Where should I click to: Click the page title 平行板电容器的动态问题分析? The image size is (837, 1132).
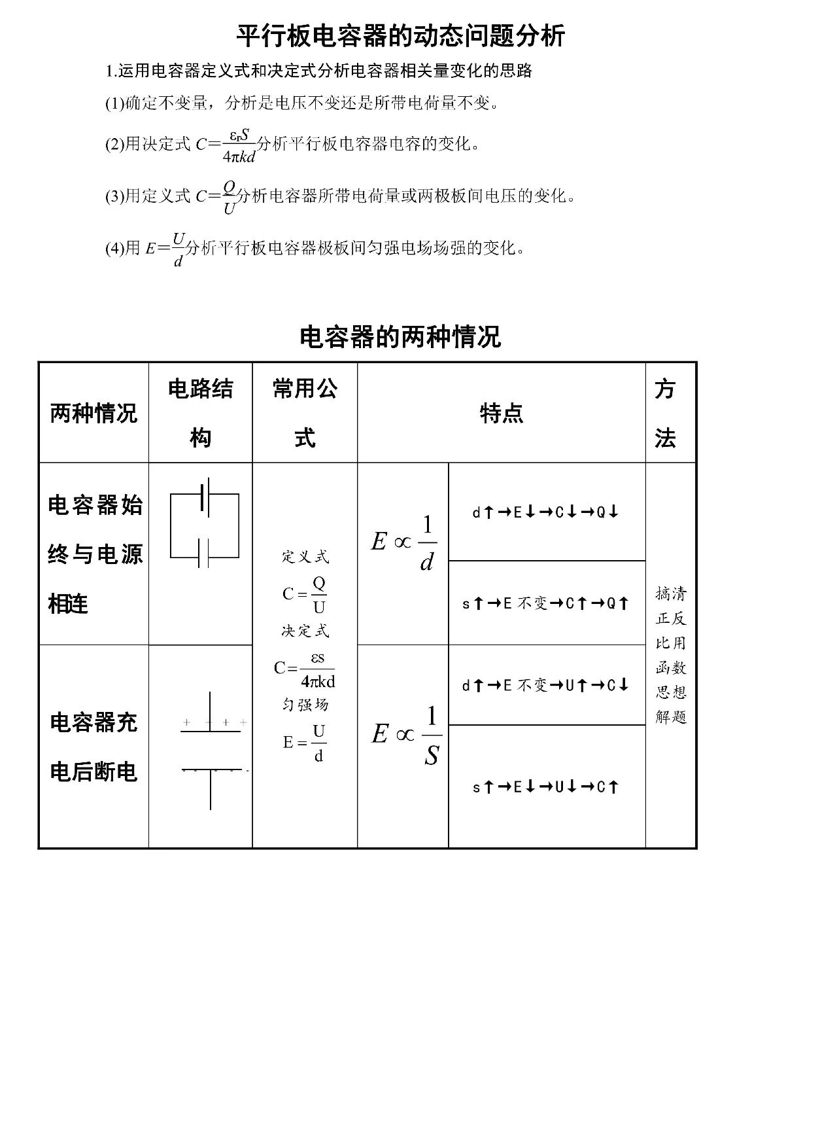click(400, 36)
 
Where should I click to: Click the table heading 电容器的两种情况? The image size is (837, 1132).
click(400, 337)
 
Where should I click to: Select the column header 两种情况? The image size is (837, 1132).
click(94, 414)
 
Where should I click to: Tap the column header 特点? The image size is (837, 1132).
click(501, 414)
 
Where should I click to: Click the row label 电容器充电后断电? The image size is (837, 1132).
click(94, 747)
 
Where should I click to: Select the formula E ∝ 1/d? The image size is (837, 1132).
click(403, 543)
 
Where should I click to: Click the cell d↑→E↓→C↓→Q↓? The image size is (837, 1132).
click(545, 512)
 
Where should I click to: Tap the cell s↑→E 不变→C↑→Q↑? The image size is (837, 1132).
click(545, 603)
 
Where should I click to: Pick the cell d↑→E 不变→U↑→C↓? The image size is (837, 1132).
click(545, 686)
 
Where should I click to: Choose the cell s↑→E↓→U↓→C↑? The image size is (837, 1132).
click(545, 787)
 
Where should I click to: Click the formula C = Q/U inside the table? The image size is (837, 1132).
click(305, 594)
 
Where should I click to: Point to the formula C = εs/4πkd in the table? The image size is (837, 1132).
click(305, 669)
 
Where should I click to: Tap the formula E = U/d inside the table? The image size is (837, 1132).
click(305, 743)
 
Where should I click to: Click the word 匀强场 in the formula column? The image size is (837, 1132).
click(305, 705)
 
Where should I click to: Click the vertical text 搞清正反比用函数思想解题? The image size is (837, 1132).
click(671, 655)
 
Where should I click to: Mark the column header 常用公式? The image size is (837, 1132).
click(305, 414)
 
